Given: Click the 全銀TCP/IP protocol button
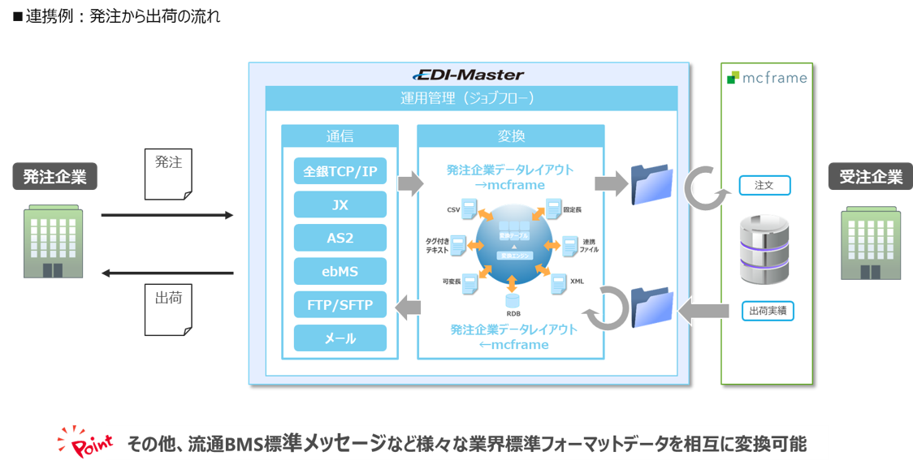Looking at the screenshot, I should point(340,171).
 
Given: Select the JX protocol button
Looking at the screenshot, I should point(340,204).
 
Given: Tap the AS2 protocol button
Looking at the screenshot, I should point(340,238).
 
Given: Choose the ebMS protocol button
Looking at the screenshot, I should point(340,271).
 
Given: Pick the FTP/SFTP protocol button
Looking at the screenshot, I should point(340,304).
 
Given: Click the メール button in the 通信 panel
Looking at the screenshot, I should point(340,338).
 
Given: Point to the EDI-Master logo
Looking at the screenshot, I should point(469,75).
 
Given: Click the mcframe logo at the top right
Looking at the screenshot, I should point(767,78).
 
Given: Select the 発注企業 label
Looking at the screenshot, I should point(54,177).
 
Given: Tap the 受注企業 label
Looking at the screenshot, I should point(870,177).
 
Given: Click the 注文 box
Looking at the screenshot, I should point(764,186).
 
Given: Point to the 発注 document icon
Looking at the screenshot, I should point(168,175).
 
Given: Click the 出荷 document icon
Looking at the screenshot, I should point(168,309).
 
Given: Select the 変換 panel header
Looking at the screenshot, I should point(510,136).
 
